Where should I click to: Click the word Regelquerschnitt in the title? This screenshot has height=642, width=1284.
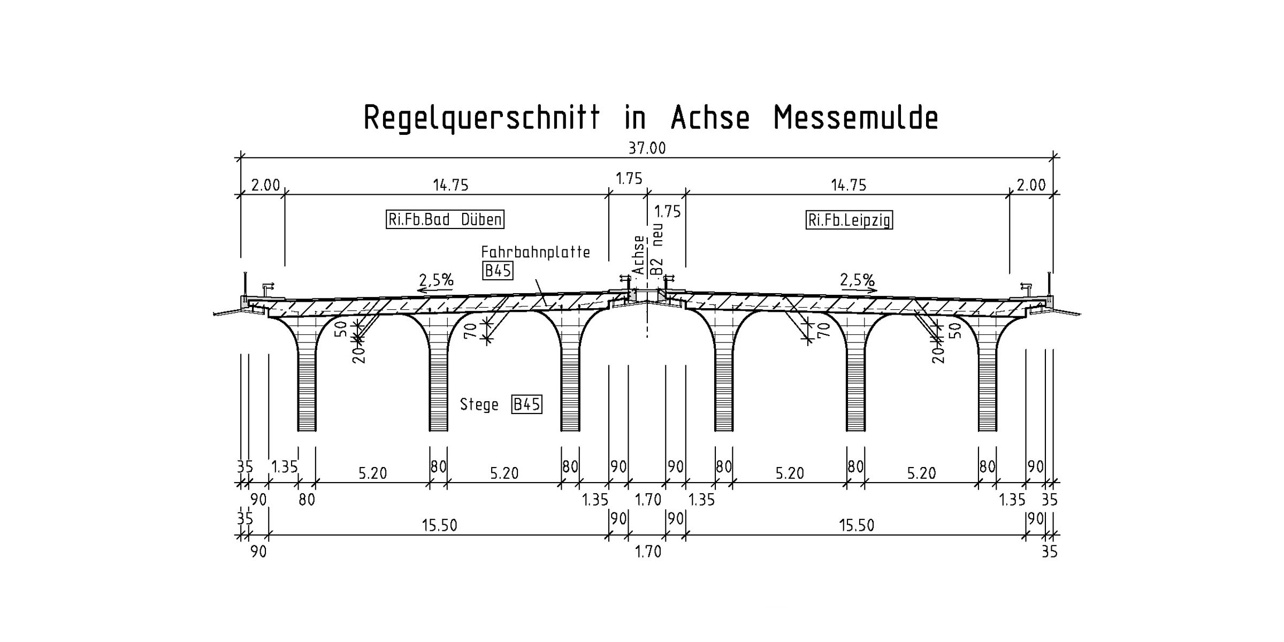coord(481,118)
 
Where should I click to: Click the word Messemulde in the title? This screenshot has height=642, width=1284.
coord(856,118)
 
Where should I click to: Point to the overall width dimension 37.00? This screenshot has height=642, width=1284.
coord(647,148)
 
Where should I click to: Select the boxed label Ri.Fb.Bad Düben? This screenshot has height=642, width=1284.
coord(445,219)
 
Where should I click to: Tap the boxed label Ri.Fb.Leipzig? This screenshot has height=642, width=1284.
coord(849,220)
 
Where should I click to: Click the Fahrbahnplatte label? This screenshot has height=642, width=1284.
coord(536,252)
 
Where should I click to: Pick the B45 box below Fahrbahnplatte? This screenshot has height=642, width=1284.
coord(498,271)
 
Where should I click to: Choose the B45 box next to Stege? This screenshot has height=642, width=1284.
coord(526,404)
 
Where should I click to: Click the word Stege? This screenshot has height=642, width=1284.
coord(479,404)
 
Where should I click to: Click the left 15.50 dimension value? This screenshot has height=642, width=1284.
coord(439,525)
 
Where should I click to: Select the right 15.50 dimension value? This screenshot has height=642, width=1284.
coord(856,525)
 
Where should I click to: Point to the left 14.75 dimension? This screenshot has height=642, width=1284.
coord(450,185)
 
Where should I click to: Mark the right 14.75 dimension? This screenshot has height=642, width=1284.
coord(849,185)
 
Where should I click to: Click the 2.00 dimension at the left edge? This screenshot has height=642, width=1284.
coord(265,185)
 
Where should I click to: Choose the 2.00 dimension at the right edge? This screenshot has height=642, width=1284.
coord(1031,185)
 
